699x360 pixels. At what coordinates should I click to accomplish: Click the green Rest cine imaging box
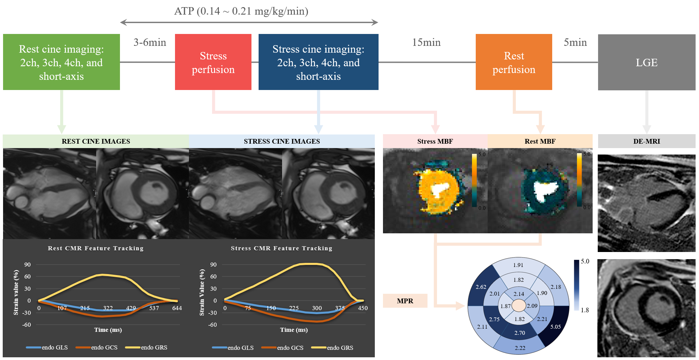tap(61, 62)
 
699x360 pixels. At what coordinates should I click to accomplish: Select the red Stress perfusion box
tap(213, 62)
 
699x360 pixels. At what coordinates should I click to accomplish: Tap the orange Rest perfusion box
tap(513, 62)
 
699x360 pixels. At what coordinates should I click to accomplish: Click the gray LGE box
tap(646, 62)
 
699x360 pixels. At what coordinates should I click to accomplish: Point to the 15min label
tap(426, 42)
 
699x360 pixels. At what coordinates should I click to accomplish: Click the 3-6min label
tap(150, 42)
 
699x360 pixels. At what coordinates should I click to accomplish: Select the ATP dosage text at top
tap(241, 11)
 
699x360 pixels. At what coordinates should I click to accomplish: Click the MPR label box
tap(405, 301)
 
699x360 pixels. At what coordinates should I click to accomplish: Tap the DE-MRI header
tap(646, 141)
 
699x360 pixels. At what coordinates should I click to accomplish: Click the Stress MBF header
tap(435, 141)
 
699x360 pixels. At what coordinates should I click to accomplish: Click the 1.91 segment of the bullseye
tap(518, 265)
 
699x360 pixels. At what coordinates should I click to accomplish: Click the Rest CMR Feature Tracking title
tap(95, 248)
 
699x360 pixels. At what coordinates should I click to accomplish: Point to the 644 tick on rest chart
tap(177, 308)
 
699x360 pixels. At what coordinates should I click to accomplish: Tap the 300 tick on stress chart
tap(317, 308)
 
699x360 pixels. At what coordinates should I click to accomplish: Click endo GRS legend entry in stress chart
tap(340, 347)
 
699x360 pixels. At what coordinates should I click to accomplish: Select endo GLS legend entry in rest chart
tap(54, 347)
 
